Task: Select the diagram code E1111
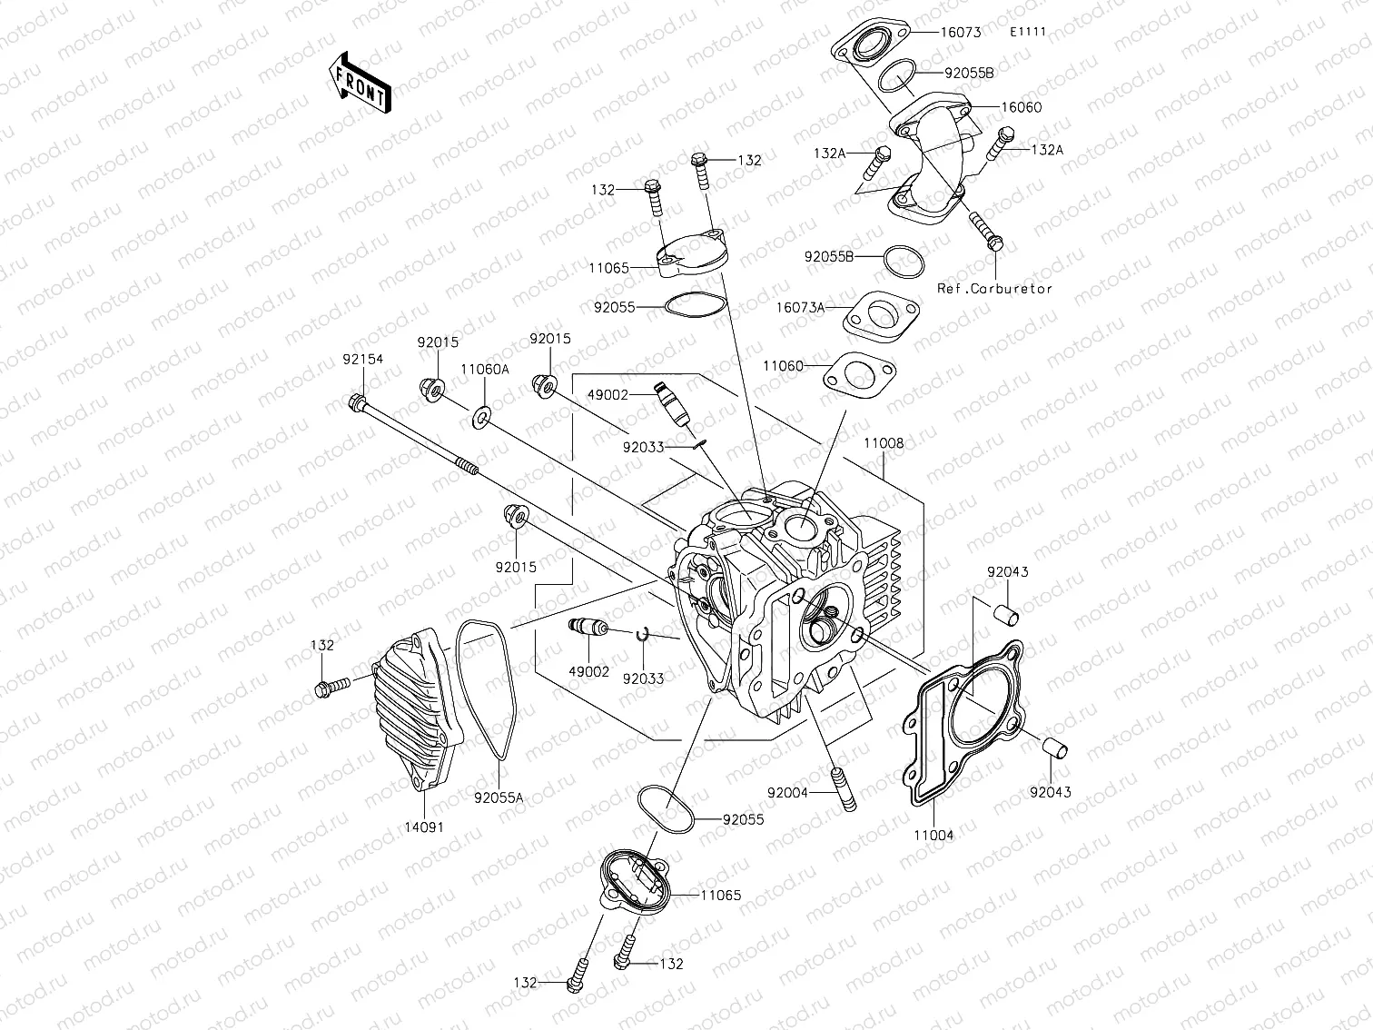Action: pyautogui.click(x=1029, y=32)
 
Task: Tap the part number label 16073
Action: pyautogui.click(x=960, y=33)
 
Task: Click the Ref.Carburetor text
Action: pyautogui.click(x=994, y=289)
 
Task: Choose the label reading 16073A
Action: pyautogui.click(x=800, y=308)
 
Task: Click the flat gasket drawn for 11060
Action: pyautogui.click(x=860, y=375)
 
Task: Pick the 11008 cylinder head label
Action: pyautogui.click(x=883, y=443)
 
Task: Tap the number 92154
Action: pyautogui.click(x=363, y=360)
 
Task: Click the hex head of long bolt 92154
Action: pyautogui.click(x=356, y=401)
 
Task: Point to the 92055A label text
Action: pyautogui.click(x=499, y=798)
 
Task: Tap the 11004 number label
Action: pyautogui.click(x=933, y=835)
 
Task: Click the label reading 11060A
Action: pyautogui.click(x=484, y=370)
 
